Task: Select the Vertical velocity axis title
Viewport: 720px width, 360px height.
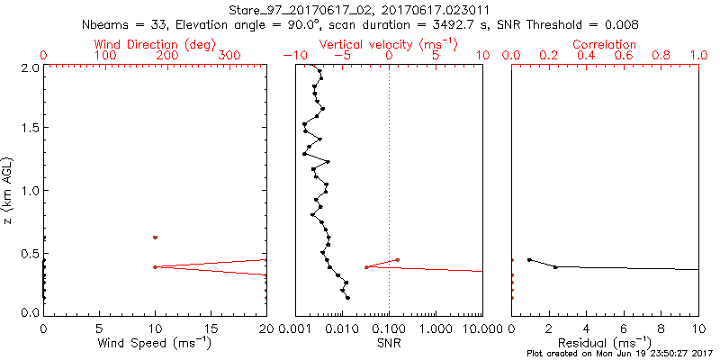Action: pos(389,44)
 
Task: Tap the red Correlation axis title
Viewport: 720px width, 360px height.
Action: pos(605,44)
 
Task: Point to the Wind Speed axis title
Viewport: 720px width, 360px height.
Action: pos(155,343)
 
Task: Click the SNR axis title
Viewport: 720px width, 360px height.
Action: pos(389,343)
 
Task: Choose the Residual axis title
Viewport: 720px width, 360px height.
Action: pos(605,343)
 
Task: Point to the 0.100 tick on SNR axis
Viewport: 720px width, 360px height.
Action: pos(389,328)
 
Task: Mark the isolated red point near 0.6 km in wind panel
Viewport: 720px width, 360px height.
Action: pos(155,238)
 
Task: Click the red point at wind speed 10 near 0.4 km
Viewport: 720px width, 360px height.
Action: pos(155,267)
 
